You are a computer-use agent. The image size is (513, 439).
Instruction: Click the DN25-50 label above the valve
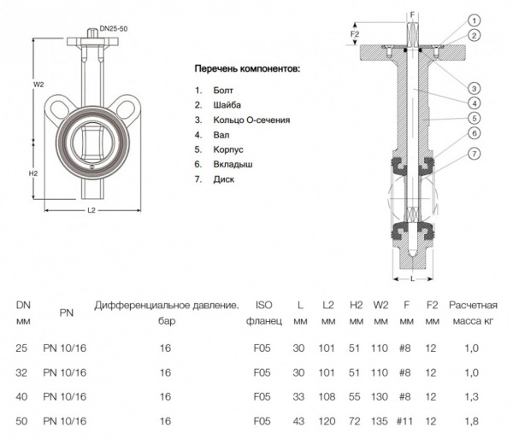(x=113, y=28)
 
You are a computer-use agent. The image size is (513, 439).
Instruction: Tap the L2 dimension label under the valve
(x=91, y=209)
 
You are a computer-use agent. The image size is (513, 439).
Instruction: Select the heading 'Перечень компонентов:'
(x=247, y=67)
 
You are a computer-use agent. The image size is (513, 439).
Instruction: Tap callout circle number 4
(x=473, y=102)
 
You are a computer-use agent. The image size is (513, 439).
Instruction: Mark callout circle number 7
(x=473, y=153)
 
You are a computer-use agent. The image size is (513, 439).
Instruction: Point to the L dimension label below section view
(x=412, y=278)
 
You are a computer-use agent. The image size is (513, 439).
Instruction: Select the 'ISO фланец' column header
(x=263, y=313)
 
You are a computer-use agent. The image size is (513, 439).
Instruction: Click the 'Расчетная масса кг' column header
(x=474, y=313)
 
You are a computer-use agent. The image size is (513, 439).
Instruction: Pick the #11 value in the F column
(x=406, y=421)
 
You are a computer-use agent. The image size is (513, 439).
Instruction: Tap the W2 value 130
(x=380, y=396)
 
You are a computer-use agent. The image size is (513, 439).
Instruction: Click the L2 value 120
(x=327, y=421)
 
